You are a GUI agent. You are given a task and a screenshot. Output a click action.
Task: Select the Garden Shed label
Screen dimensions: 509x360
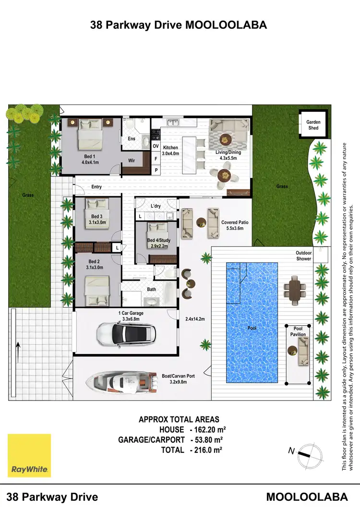coord(313,125)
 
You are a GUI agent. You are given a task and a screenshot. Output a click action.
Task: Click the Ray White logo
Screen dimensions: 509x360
coord(29,456)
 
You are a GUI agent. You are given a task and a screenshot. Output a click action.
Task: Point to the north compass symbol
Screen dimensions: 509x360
coord(305,452)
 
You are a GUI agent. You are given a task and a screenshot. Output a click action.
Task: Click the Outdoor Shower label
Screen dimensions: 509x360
coord(303,256)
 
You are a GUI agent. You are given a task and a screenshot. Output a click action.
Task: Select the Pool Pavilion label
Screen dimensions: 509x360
coord(298,331)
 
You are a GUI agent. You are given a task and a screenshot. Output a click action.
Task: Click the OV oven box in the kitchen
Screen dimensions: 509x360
coord(156,146)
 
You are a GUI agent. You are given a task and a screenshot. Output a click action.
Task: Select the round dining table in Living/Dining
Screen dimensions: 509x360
coord(226,176)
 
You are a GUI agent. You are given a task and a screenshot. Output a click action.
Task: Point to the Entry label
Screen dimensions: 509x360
coord(96,187)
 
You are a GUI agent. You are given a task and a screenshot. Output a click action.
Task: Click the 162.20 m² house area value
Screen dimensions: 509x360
coord(209,430)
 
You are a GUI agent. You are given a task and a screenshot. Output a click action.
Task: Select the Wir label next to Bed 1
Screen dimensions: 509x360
coord(131,161)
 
